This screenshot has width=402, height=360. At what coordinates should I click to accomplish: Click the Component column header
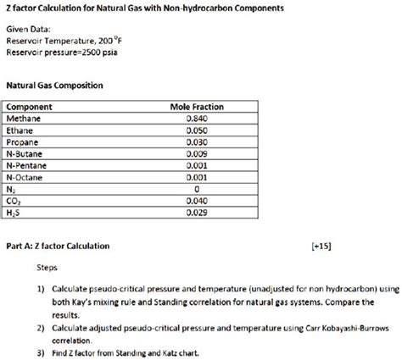click(x=30, y=108)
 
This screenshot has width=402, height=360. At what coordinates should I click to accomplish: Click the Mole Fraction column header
click(x=197, y=108)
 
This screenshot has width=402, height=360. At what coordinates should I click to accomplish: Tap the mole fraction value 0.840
click(x=197, y=119)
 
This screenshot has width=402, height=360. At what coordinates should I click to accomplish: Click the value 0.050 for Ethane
click(x=197, y=131)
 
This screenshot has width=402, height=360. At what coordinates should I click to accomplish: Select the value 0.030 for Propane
click(x=197, y=143)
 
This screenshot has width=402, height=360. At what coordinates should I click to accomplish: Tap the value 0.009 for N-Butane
click(x=197, y=155)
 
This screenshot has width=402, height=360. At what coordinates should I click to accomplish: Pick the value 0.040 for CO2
click(x=197, y=202)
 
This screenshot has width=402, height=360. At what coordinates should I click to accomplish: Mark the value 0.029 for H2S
click(x=197, y=214)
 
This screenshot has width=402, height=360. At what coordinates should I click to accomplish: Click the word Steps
click(x=48, y=267)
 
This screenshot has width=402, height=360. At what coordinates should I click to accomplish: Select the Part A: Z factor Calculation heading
click(x=57, y=246)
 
